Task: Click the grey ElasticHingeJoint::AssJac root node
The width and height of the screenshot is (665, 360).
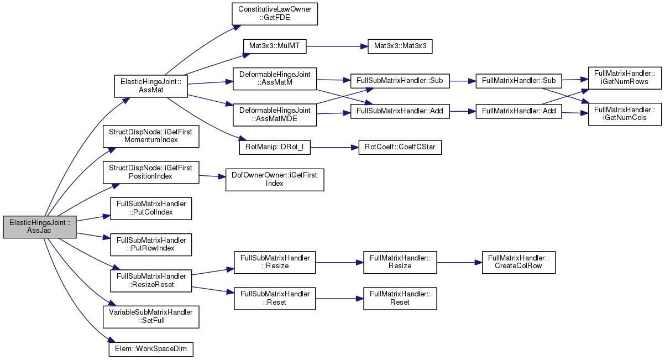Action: pyautogui.click(x=40, y=227)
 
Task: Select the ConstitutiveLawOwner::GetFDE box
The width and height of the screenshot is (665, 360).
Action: pyautogui.click(x=275, y=14)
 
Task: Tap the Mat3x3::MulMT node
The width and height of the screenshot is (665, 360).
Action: pyautogui.click(x=275, y=46)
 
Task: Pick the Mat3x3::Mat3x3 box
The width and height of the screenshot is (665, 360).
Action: pyautogui.click(x=400, y=46)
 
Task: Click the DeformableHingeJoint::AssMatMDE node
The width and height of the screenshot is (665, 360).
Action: pyautogui.click(x=275, y=114)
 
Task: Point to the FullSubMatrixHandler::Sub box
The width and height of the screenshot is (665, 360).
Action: pyautogui.click(x=400, y=81)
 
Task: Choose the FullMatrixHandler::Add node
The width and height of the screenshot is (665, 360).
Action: pyautogui.click(x=519, y=111)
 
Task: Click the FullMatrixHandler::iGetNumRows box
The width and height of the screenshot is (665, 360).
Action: pyautogui.click(x=625, y=78)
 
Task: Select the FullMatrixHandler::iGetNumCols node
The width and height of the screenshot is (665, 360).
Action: pyautogui.click(x=625, y=114)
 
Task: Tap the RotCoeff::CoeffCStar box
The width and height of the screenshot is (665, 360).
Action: pyautogui.click(x=400, y=147)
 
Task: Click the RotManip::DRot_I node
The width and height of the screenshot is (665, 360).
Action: pyautogui.click(x=275, y=147)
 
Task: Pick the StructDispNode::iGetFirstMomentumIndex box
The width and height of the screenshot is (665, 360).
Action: pyautogui.click(x=151, y=136)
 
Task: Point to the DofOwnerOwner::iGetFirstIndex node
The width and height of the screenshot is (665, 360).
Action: pyautogui.click(x=275, y=180)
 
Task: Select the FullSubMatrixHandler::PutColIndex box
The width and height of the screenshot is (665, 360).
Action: pyautogui.click(x=151, y=208)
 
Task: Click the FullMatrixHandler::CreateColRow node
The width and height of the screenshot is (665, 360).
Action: pyautogui.click(x=519, y=263)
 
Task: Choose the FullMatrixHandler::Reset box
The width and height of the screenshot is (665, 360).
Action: pyautogui.click(x=400, y=299)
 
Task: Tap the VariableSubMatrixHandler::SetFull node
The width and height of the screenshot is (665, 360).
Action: pyautogui.click(x=151, y=317)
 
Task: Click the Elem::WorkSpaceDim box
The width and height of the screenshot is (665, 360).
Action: pyautogui.click(x=151, y=349)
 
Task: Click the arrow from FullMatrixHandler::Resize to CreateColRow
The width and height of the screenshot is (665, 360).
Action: pyautogui.click(x=459, y=263)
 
